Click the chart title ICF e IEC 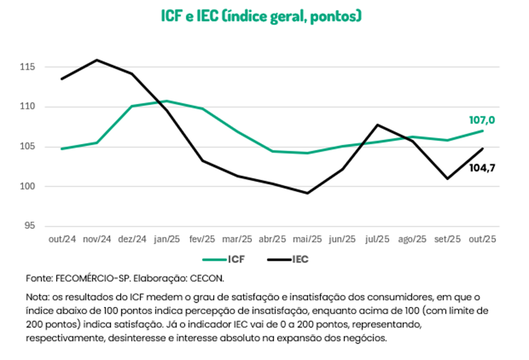click(x=262, y=16)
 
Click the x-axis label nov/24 click(x=97, y=239)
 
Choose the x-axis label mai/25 click(x=307, y=239)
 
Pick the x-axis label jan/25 click(x=167, y=239)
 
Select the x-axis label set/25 click(x=447, y=239)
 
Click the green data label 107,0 click(x=482, y=121)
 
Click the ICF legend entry click(x=223, y=260)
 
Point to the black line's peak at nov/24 click(x=97, y=60)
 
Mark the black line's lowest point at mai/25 click(x=307, y=193)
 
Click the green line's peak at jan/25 click(x=167, y=101)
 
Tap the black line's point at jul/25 click(x=377, y=125)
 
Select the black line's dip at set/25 click(x=447, y=179)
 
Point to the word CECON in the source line click(x=209, y=278)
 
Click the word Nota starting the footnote click(x=37, y=297)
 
